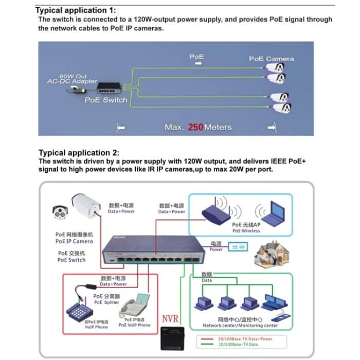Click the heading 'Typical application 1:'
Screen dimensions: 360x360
tap(76, 10)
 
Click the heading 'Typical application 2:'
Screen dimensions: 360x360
tap(79, 153)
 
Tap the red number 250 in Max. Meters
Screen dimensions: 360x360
tap(195, 127)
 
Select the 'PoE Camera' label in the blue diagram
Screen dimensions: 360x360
tap(271, 59)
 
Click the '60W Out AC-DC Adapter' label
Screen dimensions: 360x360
tap(72, 79)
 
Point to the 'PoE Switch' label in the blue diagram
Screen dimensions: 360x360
tap(105, 100)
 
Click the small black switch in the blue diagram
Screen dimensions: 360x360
tap(112, 88)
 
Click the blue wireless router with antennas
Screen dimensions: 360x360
tap(215, 211)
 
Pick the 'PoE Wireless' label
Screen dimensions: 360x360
tap(246, 231)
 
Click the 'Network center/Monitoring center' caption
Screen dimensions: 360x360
tap(240, 326)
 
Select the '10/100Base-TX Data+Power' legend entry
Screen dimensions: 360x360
tap(245, 339)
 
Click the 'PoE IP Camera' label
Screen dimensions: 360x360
tap(74, 241)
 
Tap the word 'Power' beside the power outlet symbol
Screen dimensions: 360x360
tap(216, 249)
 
